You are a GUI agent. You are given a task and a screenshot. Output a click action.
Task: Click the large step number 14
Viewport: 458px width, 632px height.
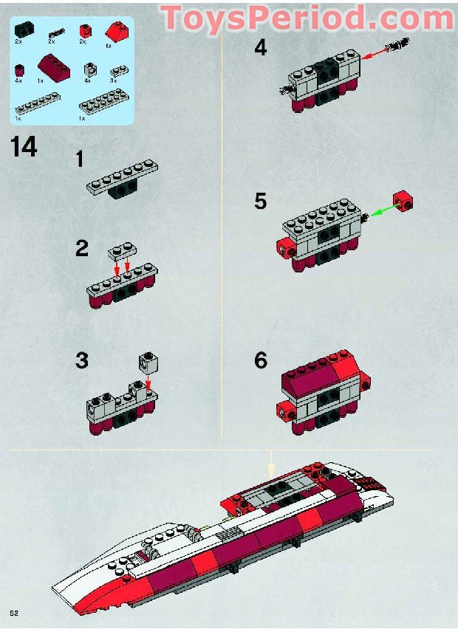[x=24, y=147]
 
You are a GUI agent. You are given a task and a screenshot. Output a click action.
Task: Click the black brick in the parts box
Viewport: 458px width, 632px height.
[x=24, y=30]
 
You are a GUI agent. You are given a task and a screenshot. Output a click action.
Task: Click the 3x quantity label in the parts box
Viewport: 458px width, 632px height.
[x=114, y=80]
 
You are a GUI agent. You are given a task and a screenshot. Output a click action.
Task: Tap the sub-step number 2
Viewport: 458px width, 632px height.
[x=81, y=249]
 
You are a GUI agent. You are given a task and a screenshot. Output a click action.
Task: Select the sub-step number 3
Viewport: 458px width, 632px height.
[x=81, y=361]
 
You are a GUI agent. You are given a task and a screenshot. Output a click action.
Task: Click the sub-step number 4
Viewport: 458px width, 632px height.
[x=260, y=49]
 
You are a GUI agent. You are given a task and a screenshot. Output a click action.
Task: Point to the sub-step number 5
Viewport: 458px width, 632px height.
[x=260, y=202]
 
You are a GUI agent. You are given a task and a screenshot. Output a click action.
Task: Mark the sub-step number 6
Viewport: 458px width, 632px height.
[x=260, y=361]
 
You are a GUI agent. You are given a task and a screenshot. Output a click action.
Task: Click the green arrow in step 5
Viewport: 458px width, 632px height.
[x=381, y=211]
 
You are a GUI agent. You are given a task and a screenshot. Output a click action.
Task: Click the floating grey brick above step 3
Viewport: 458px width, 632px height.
[x=148, y=361]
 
